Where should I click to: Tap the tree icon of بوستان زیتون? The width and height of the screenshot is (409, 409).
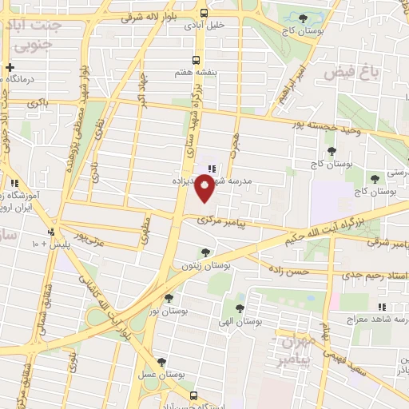pyautogui.click(x=205, y=252)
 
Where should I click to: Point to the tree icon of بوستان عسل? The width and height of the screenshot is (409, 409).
pyautogui.click(x=161, y=361)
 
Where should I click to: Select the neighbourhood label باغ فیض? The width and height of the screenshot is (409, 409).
pyautogui.click(x=348, y=73)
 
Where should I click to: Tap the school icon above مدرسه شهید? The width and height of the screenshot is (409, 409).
pyautogui.click(x=212, y=168)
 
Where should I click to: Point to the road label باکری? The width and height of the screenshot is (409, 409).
pyautogui.click(x=38, y=103)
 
